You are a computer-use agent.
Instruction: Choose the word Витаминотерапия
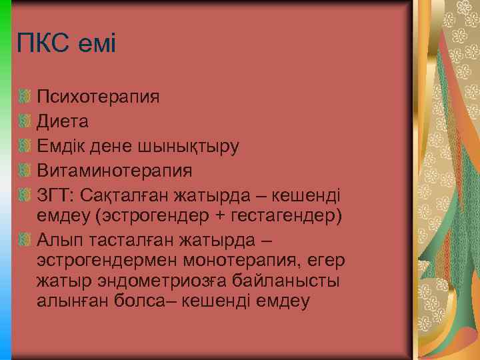pos(115,170)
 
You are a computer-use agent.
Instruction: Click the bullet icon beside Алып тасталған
pos(25,240)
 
